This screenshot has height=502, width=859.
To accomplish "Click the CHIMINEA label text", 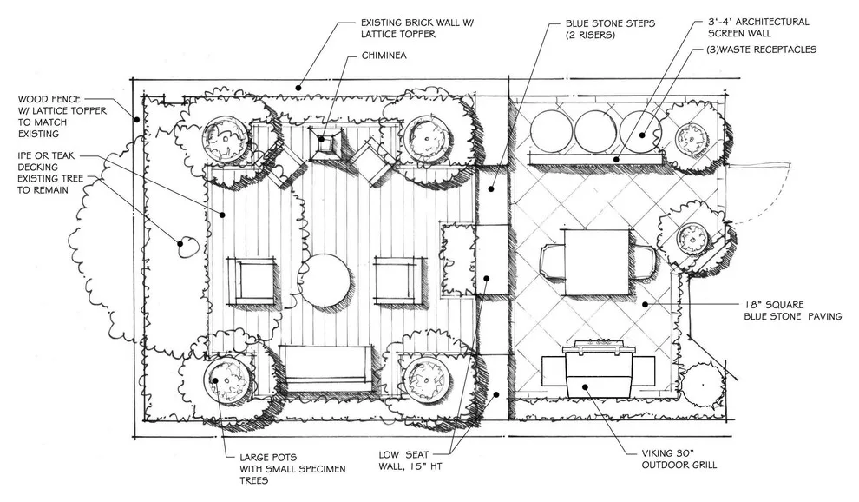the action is click(384, 56).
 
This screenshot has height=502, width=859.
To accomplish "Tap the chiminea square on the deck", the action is click(326, 142).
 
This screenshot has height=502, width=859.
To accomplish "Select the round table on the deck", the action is click(326, 276).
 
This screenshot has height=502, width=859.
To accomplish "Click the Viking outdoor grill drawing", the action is click(598, 368).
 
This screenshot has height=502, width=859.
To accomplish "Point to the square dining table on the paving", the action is click(597, 262).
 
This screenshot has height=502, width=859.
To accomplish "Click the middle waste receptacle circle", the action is click(596, 132).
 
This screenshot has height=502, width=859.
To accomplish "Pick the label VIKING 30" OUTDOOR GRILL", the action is click(679, 459).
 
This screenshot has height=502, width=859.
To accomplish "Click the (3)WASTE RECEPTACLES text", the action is click(761, 50).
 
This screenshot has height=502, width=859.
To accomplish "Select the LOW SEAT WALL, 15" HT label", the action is click(410, 460).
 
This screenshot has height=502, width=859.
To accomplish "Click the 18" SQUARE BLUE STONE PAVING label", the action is click(792, 310).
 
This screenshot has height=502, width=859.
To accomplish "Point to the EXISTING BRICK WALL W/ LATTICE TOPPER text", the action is click(416, 29).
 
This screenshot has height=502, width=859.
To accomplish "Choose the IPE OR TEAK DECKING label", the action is click(46, 162).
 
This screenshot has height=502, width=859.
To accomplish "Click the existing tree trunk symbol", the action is click(187, 247).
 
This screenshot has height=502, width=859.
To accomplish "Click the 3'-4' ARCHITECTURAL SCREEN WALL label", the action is click(758, 28).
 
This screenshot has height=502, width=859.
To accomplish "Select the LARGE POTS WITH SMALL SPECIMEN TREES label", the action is click(292, 468).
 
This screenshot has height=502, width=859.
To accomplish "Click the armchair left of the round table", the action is click(251, 281).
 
